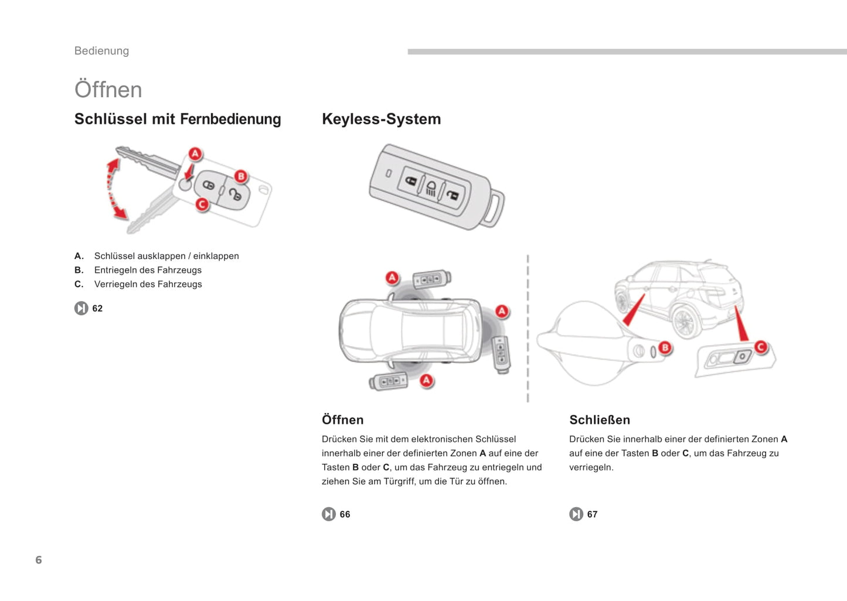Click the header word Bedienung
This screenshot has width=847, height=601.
coord(101,51)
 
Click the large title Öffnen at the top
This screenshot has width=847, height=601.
coord(108,90)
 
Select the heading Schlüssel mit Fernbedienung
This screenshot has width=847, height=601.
coord(178,119)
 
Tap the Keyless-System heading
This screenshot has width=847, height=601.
coord(381,119)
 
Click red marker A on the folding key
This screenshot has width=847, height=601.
coord(195,154)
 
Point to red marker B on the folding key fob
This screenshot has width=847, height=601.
coord(241,176)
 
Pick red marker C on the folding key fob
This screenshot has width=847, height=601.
coord(202,204)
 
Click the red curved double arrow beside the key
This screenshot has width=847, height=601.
coord(115,189)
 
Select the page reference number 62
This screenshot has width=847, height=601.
coord(97,309)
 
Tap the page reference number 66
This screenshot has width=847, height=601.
coord(345,514)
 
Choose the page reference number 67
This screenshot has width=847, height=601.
coord(592,514)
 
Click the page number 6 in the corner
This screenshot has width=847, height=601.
coord(39,560)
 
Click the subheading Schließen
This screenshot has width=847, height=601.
coord(600,420)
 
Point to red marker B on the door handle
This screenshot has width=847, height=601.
coord(665,348)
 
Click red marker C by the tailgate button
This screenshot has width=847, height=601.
coord(761,347)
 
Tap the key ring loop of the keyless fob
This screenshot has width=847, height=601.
coord(494,210)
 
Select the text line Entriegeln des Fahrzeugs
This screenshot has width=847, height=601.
coord(148,270)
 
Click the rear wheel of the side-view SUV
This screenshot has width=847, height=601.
coord(683,322)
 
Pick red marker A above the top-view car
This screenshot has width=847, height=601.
coord(392,278)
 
